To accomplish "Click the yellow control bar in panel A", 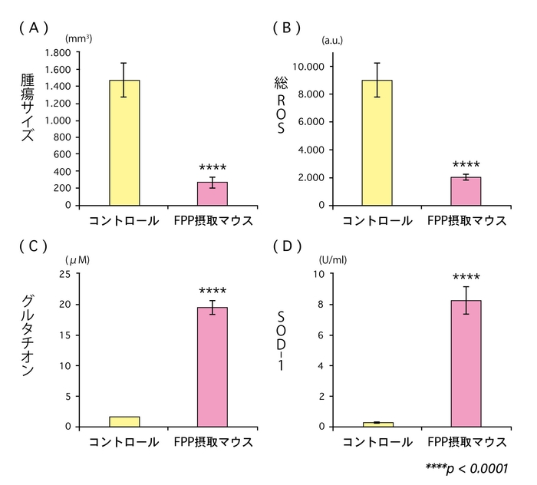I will [x=124, y=143].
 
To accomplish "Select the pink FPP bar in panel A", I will [x=212, y=193].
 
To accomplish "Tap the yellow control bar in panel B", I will [x=377, y=143].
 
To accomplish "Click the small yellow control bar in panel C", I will [x=124, y=421].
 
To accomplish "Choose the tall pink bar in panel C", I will [x=212, y=367].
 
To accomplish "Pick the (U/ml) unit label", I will [x=333, y=259].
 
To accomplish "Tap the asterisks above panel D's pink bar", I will [x=466, y=278].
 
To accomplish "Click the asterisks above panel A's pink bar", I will [x=212, y=168].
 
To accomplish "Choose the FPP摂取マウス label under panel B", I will [x=466, y=221].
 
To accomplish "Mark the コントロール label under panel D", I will [x=377, y=442].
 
